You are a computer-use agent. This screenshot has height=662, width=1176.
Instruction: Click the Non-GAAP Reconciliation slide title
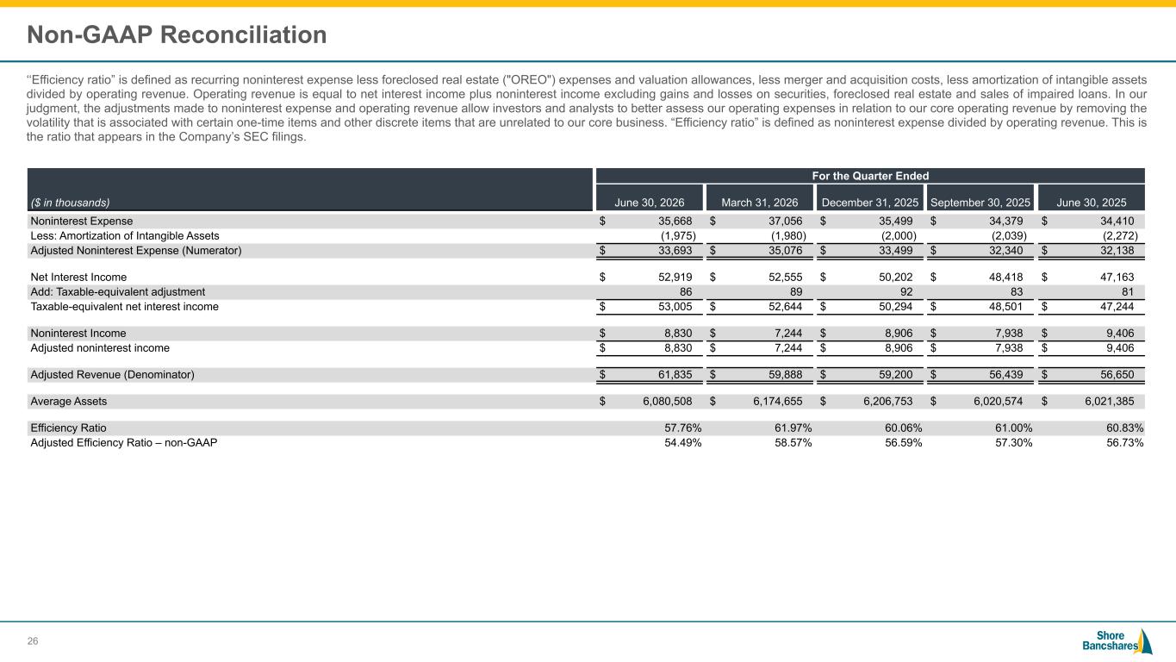[x=177, y=35]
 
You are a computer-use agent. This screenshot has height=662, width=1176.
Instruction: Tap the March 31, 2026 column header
[x=759, y=203]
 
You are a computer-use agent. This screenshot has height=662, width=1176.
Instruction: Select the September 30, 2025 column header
[x=980, y=203]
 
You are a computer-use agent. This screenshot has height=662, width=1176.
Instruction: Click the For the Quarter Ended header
[x=870, y=176]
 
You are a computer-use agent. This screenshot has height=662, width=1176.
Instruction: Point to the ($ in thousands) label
[x=71, y=203]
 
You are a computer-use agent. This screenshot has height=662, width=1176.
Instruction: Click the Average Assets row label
[x=69, y=402]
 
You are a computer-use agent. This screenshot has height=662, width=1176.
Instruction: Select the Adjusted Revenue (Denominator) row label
[x=112, y=375]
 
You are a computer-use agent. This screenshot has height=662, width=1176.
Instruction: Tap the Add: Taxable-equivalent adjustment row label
[x=117, y=291]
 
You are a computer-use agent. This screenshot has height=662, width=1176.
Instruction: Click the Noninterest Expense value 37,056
[x=786, y=222]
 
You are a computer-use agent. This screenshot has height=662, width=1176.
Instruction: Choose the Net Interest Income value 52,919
[x=675, y=277]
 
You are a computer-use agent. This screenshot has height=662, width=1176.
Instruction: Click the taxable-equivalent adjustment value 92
[x=906, y=291]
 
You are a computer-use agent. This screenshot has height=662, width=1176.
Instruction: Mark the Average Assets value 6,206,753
[x=887, y=402]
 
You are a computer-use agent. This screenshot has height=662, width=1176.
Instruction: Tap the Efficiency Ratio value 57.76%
[x=683, y=428]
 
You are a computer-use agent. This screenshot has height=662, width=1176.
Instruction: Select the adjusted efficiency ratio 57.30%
[x=1014, y=443]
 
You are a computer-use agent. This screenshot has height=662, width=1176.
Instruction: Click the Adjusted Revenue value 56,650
[x=1117, y=375]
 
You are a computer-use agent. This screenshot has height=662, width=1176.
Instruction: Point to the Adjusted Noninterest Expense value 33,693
[x=675, y=251]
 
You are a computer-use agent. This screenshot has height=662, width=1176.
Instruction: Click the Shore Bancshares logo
[x=1117, y=641]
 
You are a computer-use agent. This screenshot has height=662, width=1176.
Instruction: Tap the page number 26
[x=33, y=641]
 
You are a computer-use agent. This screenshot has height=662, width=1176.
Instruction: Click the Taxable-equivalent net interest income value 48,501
[x=1006, y=306]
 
